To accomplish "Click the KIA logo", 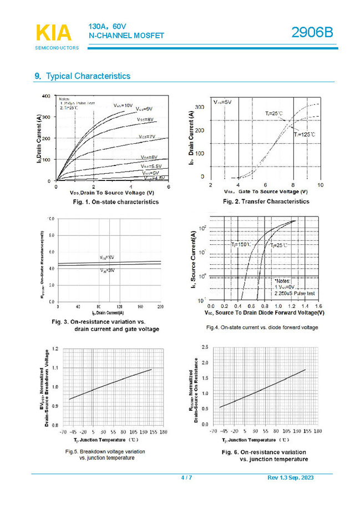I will point(53,33).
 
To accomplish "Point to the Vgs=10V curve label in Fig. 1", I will point(123,105).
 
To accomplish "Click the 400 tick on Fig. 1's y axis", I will point(46,96).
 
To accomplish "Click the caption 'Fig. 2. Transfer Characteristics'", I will point(266,201).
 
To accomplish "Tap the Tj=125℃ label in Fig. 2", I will point(305,134).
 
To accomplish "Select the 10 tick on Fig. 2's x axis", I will point(320,184).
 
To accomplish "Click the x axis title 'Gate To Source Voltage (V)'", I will point(273,191).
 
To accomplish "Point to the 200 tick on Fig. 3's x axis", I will point(160,306).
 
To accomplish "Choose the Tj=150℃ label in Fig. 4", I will point(241,244).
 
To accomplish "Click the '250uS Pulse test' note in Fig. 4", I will point(297,293).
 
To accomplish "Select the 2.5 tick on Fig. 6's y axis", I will point(205,347).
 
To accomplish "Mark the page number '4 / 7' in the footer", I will point(186,478).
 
